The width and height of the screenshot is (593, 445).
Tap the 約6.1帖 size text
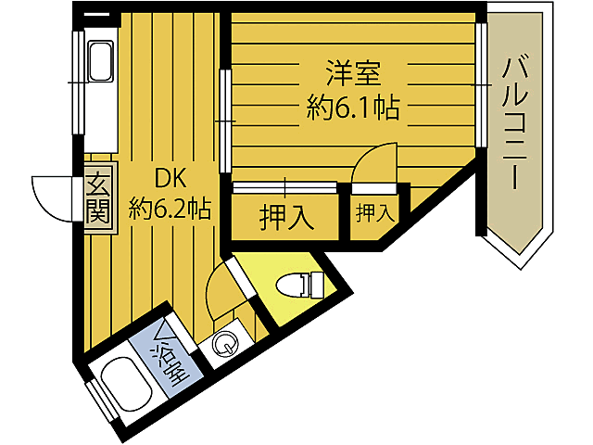click(x=353, y=108)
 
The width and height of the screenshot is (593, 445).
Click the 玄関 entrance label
click(x=97, y=197)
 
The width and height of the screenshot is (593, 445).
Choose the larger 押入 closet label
click(x=285, y=218)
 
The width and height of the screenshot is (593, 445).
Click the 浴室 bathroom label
click(x=171, y=357)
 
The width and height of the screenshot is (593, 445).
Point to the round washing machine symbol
click(x=223, y=346)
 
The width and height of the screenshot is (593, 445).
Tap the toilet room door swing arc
click(x=220, y=287)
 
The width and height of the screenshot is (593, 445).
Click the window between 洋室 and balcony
click(x=481, y=84)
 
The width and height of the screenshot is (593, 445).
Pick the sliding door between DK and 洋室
click(x=224, y=121)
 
